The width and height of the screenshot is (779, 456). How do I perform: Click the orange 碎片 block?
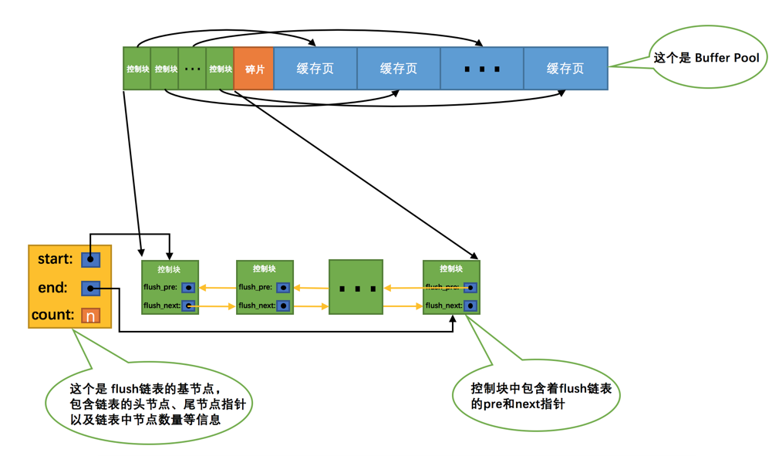coord(254,69)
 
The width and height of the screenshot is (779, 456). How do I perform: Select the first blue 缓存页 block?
coord(315,69)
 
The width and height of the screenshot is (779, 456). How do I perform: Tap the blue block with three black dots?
coord(481,69)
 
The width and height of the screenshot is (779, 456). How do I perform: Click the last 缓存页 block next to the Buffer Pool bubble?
coord(565,69)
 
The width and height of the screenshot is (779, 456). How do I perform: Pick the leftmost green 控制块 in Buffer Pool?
coord(137,69)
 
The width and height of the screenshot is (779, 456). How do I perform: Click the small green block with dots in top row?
coord(192,69)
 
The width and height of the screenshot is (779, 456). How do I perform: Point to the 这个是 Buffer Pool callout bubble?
coord(706,58)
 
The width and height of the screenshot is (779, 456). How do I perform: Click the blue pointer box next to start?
coord(91,259)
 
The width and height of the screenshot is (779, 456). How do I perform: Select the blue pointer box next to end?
coord(91,289)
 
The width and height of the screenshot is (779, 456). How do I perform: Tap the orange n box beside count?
coord(91,316)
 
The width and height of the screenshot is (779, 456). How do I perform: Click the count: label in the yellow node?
coord(52,315)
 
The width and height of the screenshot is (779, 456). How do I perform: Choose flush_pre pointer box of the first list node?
coord(188,288)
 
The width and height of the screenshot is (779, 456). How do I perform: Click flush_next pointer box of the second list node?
coord(283,306)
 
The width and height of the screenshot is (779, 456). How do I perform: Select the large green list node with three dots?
coord(356,287)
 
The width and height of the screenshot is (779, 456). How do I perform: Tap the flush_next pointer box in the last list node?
coord(470,306)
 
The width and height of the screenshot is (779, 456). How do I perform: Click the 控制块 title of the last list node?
coord(451,269)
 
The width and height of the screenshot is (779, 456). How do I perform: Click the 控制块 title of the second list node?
coord(264,269)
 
